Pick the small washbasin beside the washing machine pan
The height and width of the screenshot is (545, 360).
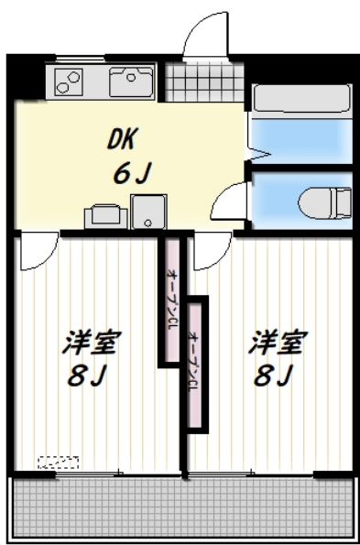point(104,216)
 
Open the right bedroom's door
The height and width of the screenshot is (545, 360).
point(211,249)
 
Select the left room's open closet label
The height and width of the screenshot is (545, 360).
point(171,298)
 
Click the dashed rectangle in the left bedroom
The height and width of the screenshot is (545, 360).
point(58,462)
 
